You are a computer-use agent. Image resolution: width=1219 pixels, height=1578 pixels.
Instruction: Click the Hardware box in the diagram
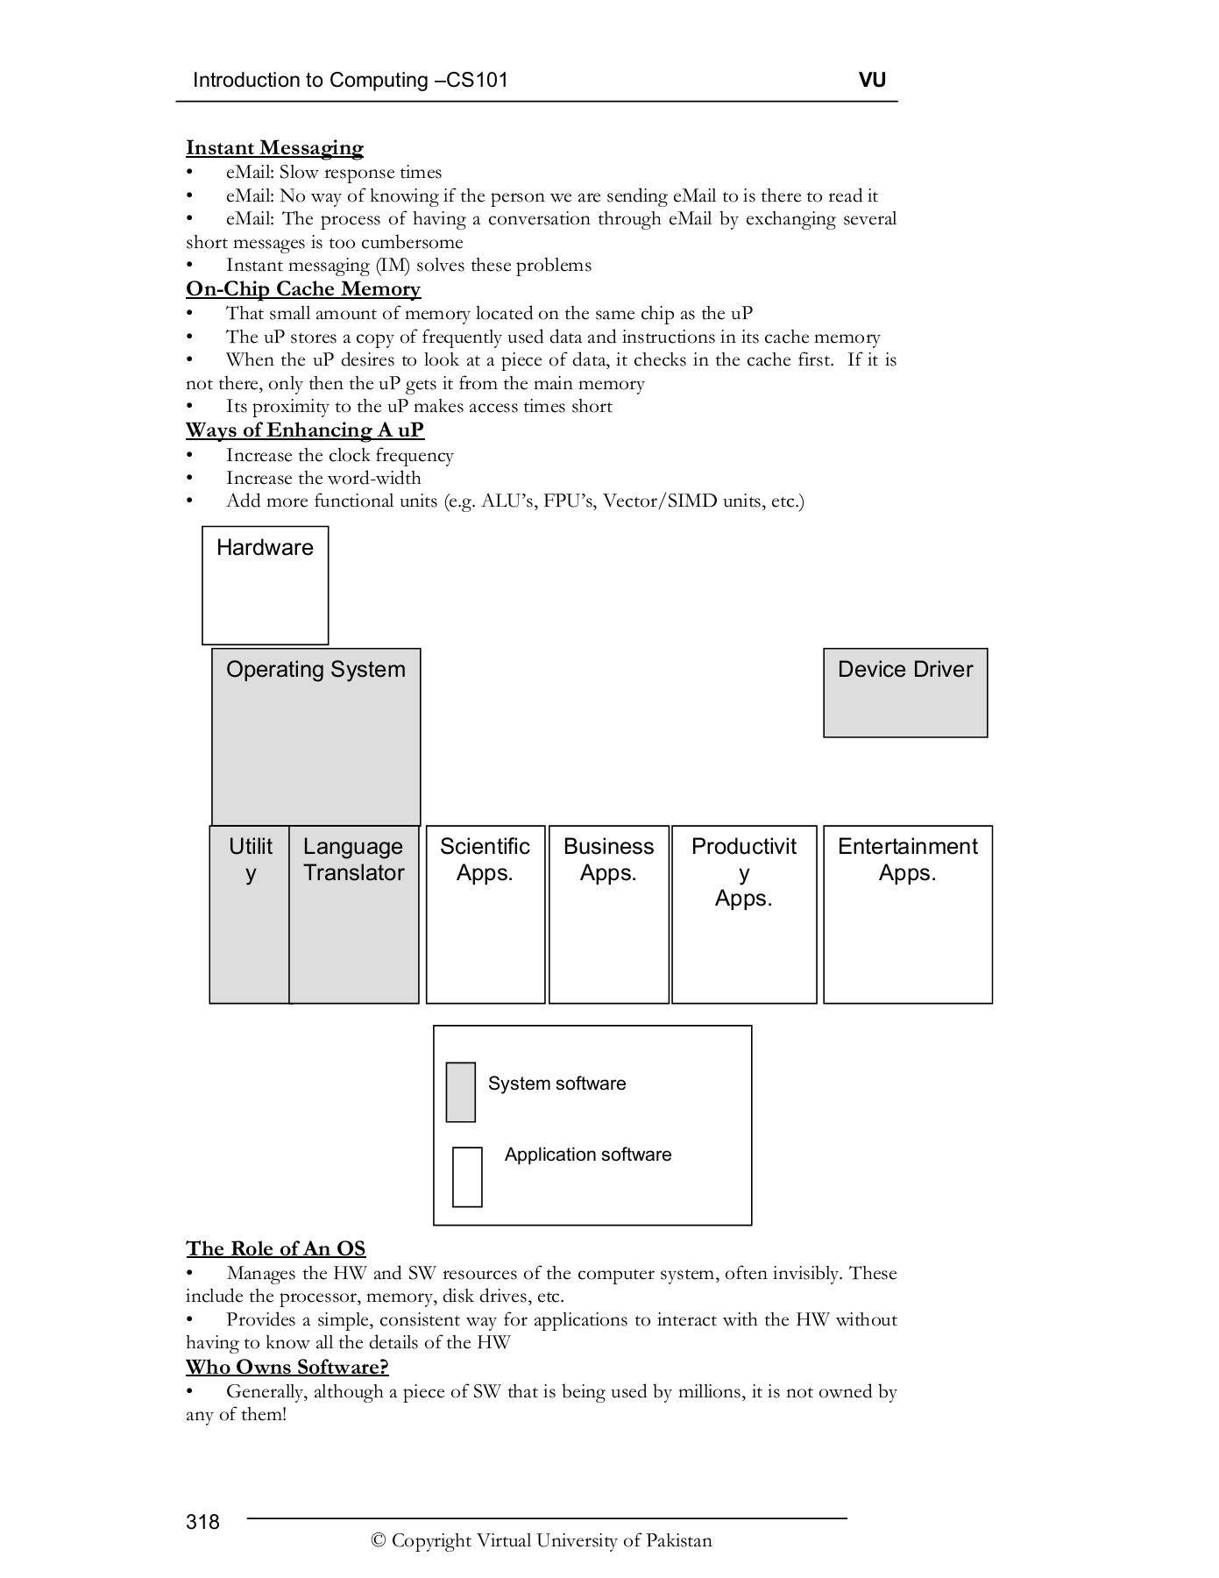coord(265,585)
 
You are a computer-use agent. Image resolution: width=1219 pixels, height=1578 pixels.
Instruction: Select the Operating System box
coord(315,736)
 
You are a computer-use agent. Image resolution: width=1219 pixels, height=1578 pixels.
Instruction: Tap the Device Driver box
coord(905,693)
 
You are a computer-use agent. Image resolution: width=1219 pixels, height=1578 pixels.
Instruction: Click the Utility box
coord(250,913)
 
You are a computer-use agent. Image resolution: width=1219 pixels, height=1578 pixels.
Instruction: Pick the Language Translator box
coord(353,913)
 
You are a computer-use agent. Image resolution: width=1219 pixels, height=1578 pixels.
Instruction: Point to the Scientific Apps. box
coord(485,913)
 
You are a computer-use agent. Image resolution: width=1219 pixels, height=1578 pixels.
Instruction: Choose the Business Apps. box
coord(608,913)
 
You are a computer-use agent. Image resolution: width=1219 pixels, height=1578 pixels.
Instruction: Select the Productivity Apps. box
coord(744,913)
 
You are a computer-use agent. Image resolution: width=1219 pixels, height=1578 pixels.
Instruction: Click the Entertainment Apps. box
coord(907,913)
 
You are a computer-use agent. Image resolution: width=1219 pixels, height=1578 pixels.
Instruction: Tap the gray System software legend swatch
coord(461,1092)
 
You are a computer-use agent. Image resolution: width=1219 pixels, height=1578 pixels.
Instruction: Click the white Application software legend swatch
coord(467,1176)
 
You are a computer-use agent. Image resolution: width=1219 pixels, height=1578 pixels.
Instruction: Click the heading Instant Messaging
coord(274,148)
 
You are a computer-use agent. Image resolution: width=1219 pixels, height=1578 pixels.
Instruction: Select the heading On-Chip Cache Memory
coord(303,289)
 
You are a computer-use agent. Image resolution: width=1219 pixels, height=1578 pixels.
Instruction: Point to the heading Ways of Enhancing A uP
coord(305,430)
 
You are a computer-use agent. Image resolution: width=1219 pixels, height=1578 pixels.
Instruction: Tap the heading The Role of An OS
coord(275,1248)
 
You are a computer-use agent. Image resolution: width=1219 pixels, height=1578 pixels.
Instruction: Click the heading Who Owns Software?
coord(287,1367)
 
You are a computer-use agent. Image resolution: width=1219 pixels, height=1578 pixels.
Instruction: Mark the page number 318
coord(202,1521)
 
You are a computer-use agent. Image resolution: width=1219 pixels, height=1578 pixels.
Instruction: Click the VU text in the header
coord(872,81)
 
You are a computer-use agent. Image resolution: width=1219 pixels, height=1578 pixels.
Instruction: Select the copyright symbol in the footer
coord(379,1541)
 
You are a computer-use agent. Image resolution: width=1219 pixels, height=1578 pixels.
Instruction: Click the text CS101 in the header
coord(478,81)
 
